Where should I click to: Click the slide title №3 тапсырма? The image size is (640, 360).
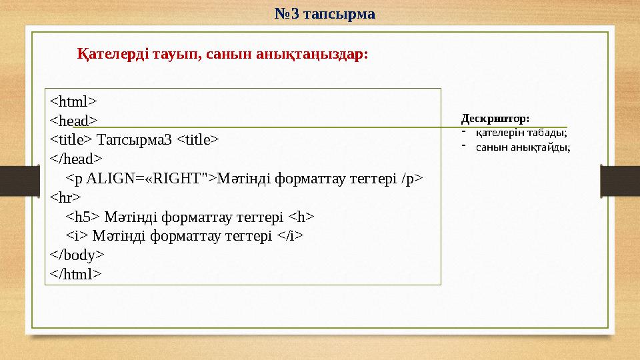(325, 13)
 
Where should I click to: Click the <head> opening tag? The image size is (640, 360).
(73, 121)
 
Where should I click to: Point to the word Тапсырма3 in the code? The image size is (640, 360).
(135, 140)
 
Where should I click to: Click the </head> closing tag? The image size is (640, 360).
(76, 159)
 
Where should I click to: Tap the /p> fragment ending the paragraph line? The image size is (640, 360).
(412, 178)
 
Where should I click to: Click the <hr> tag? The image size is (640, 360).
(65, 197)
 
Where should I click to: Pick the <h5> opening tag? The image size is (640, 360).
(83, 217)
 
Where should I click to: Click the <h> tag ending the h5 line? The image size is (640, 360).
(301, 217)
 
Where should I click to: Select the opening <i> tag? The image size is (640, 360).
(77, 235)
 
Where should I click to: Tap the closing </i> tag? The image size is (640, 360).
(290, 235)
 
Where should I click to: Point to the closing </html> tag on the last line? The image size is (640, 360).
(76, 274)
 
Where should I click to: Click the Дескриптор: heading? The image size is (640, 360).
(495, 119)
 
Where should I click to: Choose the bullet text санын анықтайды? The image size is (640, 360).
(523, 147)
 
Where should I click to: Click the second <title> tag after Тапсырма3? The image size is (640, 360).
(197, 140)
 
